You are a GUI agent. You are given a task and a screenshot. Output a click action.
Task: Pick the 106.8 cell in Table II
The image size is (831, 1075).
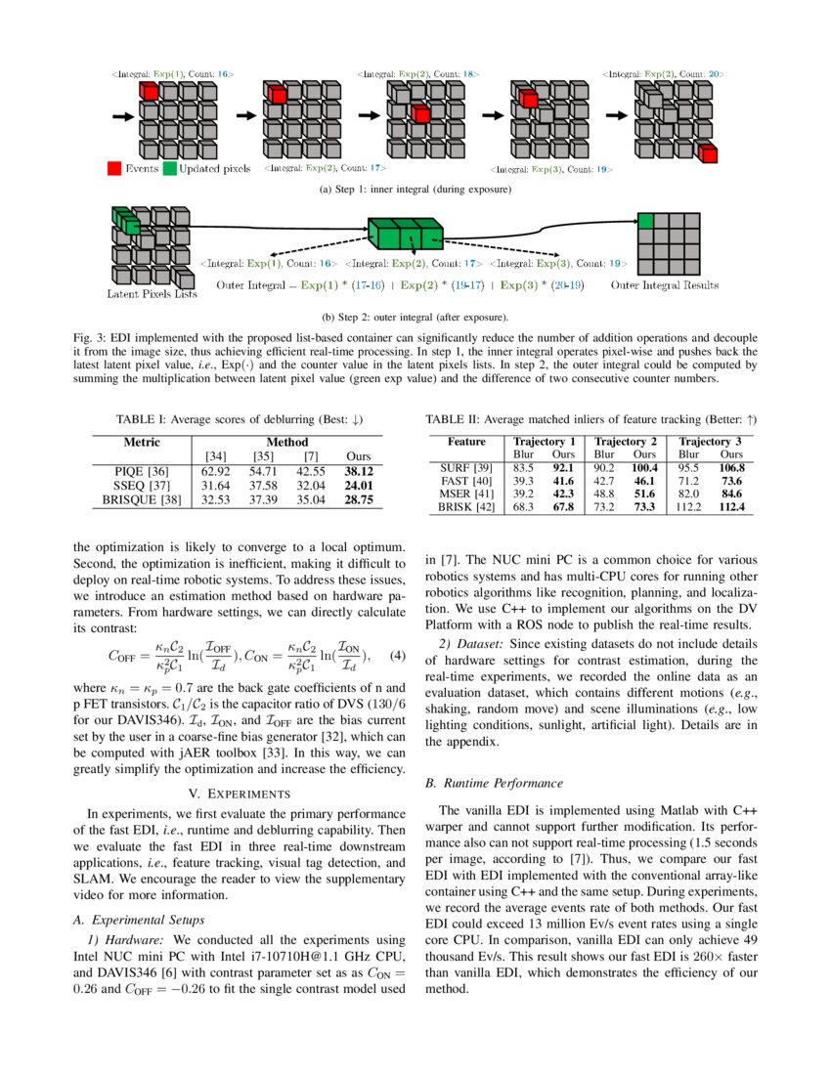[x=732, y=468]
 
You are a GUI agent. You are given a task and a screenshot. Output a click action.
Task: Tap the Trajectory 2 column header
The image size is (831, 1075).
[x=626, y=441]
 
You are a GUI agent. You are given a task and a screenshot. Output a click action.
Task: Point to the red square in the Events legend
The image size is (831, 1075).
[x=113, y=168]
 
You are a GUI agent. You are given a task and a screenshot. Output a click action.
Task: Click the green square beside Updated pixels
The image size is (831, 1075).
[x=169, y=168]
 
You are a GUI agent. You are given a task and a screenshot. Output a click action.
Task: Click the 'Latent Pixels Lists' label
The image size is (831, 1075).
[x=152, y=293]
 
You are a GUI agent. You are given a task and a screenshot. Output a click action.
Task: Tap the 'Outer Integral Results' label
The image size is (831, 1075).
[x=664, y=285]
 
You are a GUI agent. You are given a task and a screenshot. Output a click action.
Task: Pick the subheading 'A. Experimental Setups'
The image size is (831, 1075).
[x=139, y=920]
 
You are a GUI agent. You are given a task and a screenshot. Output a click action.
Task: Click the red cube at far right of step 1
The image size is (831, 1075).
[x=708, y=152]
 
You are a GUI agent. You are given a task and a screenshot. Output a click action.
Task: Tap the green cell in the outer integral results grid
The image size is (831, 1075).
[x=644, y=221]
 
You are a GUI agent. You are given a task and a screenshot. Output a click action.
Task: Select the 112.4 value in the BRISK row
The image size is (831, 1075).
[x=732, y=508]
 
